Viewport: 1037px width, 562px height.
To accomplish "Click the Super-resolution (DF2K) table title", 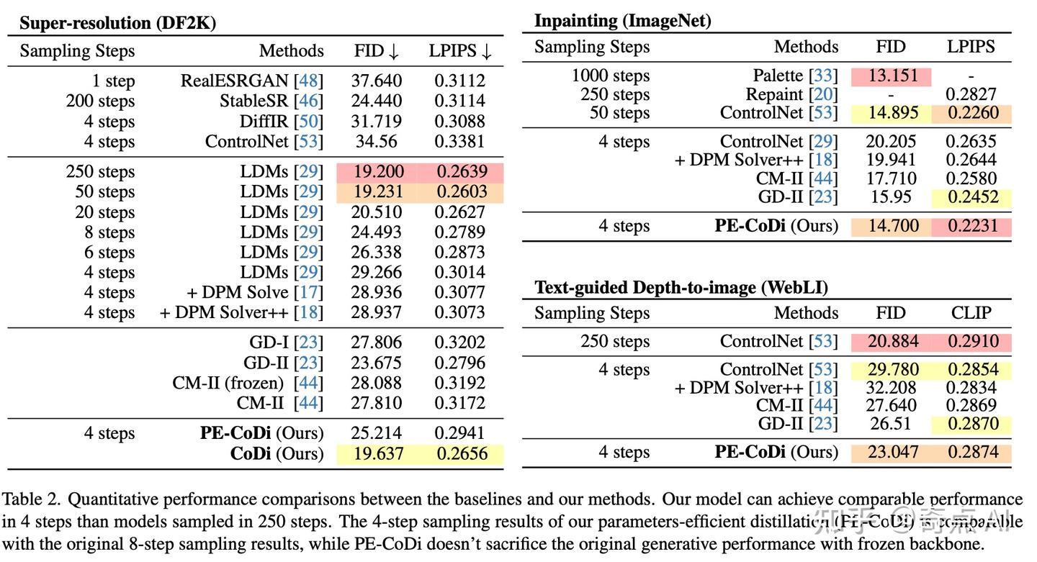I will (117, 22).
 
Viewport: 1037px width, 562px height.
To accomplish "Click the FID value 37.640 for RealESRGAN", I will (377, 81).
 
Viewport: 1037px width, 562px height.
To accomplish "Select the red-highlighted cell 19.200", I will (377, 172).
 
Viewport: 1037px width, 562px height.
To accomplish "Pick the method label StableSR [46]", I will (271, 101).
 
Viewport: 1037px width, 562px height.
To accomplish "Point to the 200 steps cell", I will (100, 101).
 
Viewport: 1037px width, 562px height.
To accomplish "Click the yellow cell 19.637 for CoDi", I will (377, 454).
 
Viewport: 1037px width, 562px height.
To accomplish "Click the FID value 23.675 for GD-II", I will (377, 363).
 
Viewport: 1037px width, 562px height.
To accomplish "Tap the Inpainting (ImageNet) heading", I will (622, 21).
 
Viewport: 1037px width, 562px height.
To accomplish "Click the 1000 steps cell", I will (611, 76).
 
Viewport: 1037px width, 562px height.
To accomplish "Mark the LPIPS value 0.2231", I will (971, 226).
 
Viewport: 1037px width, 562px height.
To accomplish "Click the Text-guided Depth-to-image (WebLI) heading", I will (681, 288).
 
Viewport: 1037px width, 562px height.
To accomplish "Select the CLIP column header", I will (971, 313).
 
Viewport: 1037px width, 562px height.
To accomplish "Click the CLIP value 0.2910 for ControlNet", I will (971, 342).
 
